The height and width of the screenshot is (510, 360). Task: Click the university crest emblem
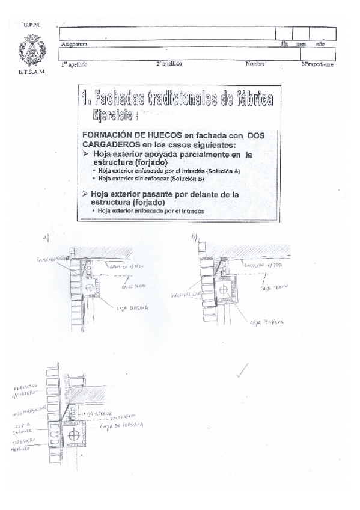click(x=29, y=51)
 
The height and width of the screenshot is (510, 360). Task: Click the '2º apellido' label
click(x=169, y=63)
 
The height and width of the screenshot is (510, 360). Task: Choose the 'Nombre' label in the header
click(x=256, y=63)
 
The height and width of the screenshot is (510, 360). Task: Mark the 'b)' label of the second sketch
click(x=194, y=237)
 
